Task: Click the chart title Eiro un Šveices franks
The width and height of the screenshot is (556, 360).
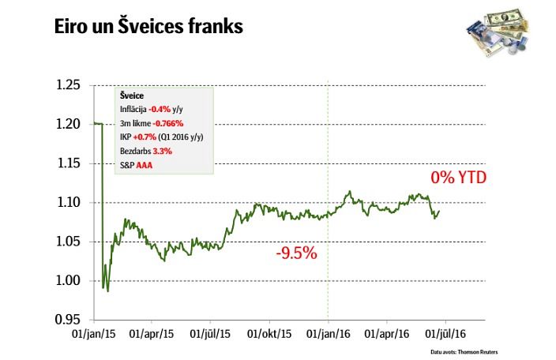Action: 148,26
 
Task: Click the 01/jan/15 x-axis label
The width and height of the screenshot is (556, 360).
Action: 93,335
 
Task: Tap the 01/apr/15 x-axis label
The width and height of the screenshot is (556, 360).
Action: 152,335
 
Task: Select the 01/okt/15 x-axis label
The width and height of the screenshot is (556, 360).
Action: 269,335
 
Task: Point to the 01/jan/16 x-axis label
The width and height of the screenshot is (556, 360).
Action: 327,335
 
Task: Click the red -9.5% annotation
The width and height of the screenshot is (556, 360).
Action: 296,254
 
